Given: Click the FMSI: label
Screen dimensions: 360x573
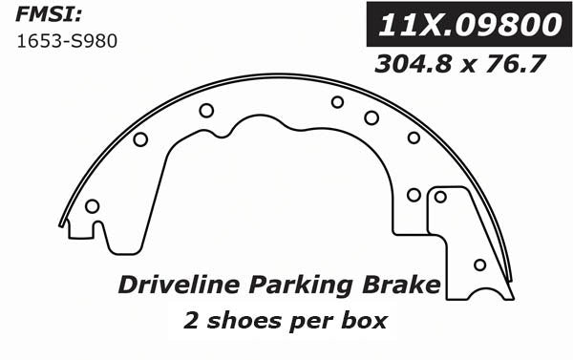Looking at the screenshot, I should click(x=44, y=16).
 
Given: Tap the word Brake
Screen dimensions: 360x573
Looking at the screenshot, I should click(x=401, y=286).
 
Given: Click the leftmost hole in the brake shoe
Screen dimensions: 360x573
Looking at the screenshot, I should click(x=92, y=206).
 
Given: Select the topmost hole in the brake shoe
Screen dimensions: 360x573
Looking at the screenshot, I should click(x=337, y=102).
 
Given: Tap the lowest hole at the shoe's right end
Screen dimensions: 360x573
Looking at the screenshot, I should click(x=479, y=265).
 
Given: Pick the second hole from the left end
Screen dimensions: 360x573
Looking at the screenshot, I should click(x=140, y=139).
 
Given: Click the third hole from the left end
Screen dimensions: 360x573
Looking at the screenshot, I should click(x=206, y=110).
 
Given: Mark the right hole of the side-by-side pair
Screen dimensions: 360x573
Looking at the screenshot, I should click(x=440, y=197).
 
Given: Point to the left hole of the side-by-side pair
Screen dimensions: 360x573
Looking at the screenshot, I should click(x=414, y=195).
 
